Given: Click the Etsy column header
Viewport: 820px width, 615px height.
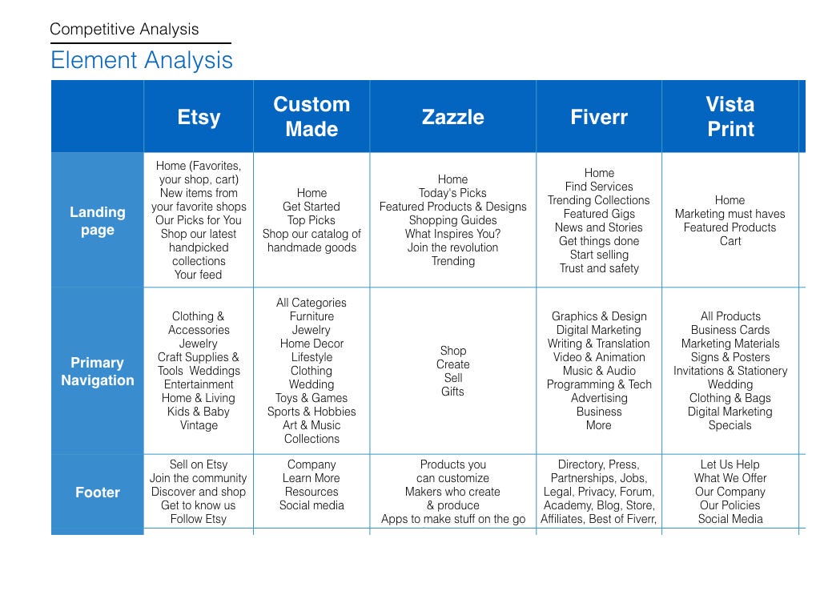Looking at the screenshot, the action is tap(199, 117).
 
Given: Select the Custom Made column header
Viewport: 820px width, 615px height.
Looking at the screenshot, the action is tap(312, 117).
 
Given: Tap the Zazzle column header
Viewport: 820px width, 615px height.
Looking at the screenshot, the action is tap(453, 117).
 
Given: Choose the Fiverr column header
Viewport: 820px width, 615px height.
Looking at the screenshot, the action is tap(599, 117).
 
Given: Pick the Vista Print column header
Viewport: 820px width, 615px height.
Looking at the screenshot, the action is tap(730, 117).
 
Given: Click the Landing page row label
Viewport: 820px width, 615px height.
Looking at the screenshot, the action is tap(98, 221).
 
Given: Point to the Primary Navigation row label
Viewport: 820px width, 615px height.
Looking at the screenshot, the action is tap(98, 372).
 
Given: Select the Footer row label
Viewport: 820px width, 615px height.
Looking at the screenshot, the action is tap(98, 492).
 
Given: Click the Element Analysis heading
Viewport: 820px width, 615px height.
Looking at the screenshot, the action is tap(142, 60).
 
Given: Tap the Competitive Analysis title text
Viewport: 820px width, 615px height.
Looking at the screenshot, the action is tap(124, 30).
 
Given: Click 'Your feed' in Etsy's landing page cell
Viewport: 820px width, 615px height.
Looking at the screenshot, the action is tap(199, 275).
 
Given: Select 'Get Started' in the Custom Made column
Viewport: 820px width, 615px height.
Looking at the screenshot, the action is tap(312, 207).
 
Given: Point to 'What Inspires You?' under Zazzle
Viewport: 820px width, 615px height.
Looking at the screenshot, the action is tap(453, 234).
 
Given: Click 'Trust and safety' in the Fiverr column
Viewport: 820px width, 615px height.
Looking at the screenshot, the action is tap(599, 268).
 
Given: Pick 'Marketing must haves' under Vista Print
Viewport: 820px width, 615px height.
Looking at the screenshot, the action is tap(730, 214).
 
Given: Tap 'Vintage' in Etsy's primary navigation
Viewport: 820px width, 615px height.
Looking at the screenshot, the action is tap(199, 425).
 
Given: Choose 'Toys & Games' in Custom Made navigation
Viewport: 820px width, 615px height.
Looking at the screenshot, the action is tap(312, 398).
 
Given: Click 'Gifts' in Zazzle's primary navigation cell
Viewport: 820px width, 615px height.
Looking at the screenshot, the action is tap(453, 391).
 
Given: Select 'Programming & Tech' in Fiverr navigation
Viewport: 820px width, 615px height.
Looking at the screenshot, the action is tap(599, 384).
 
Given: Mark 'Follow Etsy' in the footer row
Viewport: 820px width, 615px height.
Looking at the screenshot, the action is tap(199, 519).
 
